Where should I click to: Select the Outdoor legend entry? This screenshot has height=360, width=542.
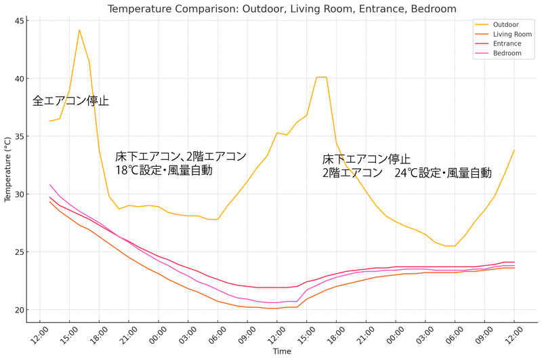click(506, 24)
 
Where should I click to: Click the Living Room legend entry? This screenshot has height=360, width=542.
click(512, 34)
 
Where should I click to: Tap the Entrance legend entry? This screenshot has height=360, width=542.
click(507, 43)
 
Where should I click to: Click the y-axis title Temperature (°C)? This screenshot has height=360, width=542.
click(7, 166)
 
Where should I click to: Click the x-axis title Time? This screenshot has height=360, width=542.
click(282, 352)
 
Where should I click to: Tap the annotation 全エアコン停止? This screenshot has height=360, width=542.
click(70, 101)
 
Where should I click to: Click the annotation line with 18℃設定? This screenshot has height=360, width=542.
click(163, 171)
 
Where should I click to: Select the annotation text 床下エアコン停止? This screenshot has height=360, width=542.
click(366, 159)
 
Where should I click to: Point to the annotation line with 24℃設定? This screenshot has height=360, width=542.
click(406, 173)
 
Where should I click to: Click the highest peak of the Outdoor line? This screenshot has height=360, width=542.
click(79, 30)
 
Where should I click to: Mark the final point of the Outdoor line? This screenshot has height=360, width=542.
click(514, 150)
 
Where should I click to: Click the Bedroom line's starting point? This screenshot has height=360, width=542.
click(49, 184)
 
